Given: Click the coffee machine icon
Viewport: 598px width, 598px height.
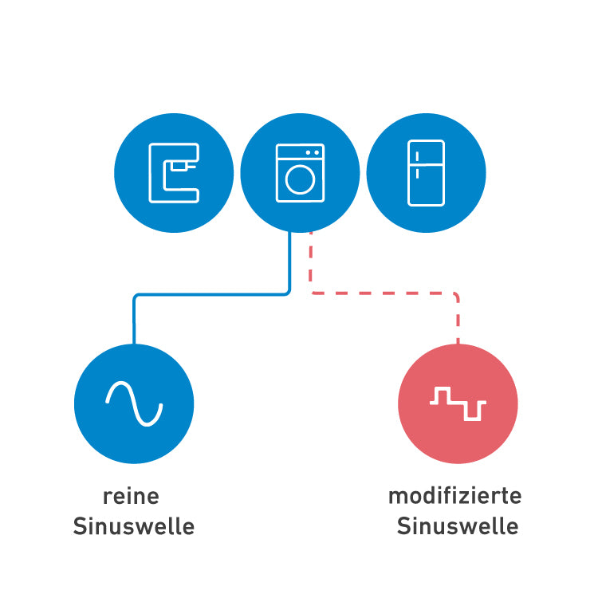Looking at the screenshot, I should pos(173,172).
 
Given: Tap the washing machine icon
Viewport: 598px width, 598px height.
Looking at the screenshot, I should pos(300,172).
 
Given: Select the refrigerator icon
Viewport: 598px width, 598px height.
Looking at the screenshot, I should pos(425,173).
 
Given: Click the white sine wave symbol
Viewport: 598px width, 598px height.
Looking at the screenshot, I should pos(134,403).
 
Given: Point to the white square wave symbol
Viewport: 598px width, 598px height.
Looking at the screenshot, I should pos(458,403).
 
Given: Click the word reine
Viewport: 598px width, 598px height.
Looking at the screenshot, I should pos(132,496).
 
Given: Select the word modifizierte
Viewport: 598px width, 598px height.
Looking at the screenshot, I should pos(454,496).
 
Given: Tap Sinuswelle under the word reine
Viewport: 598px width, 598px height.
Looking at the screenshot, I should pos(134,527).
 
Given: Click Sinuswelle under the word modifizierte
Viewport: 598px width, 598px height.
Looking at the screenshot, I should pos(457,527).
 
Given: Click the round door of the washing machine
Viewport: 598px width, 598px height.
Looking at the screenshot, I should pos(300,179).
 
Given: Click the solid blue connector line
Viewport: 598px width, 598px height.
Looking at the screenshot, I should pos(211,295).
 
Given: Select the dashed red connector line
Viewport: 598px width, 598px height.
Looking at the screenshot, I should pos(383,293).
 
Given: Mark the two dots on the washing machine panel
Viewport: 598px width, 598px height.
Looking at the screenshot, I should pos(313,151).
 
